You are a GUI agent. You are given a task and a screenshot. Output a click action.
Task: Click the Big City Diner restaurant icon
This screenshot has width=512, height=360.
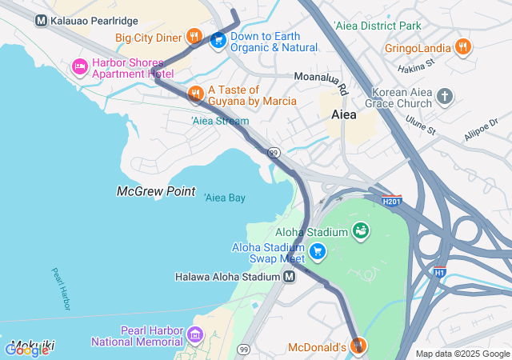click(x=194, y=36)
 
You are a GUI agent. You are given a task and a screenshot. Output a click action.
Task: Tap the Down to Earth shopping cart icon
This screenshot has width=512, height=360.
click(x=217, y=39)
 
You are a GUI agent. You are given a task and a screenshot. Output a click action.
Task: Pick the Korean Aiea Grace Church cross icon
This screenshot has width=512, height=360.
click(x=445, y=97)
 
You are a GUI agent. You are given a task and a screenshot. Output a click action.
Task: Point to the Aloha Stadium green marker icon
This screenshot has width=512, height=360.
click(x=362, y=231)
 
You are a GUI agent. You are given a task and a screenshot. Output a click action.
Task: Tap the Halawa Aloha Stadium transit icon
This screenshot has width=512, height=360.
click(x=289, y=276)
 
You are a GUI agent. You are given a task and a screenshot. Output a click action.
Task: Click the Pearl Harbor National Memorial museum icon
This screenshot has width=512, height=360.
click(x=196, y=334)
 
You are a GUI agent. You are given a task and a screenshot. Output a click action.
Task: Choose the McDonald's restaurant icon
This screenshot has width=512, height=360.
click(x=359, y=346)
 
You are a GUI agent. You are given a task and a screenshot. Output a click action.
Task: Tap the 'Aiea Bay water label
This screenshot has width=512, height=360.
click(x=224, y=198)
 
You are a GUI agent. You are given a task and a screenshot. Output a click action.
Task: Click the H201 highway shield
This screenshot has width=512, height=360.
click(x=391, y=202)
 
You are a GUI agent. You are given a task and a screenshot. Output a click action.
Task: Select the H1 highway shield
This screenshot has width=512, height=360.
click(x=439, y=272)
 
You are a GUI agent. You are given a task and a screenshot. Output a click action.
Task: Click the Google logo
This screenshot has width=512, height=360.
click(x=26, y=350)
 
